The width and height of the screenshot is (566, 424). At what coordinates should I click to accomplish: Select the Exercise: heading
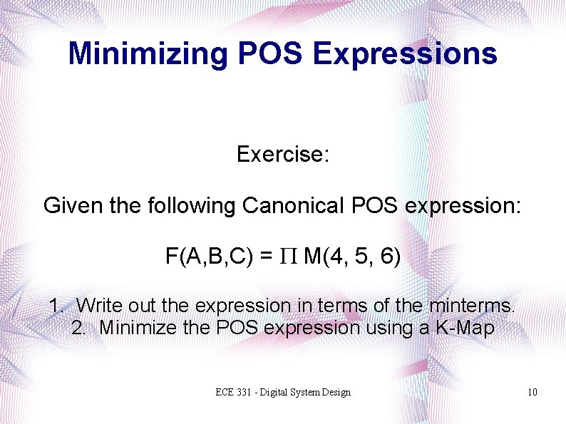tap(283, 154)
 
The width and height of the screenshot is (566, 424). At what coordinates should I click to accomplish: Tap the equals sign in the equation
tap(266, 257)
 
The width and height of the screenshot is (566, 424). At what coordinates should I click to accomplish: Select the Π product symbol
tap(288, 257)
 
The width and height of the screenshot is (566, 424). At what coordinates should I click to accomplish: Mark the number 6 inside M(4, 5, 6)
tap(386, 257)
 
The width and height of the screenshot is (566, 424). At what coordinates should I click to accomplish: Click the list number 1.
tap(55, 306)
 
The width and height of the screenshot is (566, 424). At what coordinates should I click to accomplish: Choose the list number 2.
tap(78, 329)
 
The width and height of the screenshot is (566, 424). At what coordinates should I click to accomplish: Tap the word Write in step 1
tap(101, 306)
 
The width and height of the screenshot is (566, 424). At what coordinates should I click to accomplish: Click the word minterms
tap(470, 306)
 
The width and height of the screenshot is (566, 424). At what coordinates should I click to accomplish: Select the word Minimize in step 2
tap(140, 329)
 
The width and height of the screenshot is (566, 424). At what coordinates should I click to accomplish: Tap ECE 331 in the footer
tap(235, 393)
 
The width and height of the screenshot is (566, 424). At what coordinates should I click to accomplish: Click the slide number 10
tap(532, 393)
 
